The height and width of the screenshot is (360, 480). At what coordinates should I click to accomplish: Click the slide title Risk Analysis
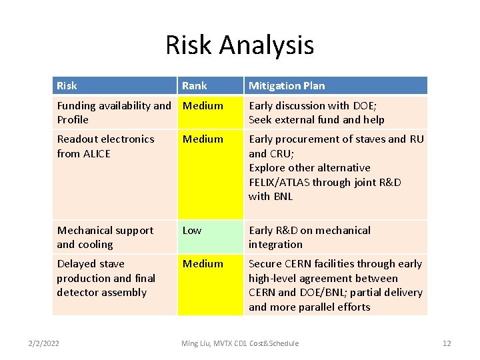(239, 45)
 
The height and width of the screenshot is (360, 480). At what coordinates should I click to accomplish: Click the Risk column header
(67, 85)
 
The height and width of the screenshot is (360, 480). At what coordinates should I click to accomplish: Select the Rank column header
(195, 85)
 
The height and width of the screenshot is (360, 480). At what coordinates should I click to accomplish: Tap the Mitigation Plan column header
(287, 85)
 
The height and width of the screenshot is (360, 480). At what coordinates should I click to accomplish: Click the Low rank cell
(192, 230)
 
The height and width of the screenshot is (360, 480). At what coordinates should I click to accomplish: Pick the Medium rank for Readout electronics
(203, 139)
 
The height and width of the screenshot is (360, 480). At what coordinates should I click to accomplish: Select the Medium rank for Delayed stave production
(203, 263)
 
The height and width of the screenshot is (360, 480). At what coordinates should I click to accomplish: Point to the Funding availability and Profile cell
(113, 112)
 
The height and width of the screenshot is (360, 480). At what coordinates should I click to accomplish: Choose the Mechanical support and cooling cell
(105, 237)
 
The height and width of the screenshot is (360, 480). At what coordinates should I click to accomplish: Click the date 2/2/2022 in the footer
(43, 343)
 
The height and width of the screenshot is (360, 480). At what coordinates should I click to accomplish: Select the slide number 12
(447, 343)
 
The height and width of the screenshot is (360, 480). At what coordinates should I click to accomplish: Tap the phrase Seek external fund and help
(316, 120)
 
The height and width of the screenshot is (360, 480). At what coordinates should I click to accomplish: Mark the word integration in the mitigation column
(275, 245)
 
